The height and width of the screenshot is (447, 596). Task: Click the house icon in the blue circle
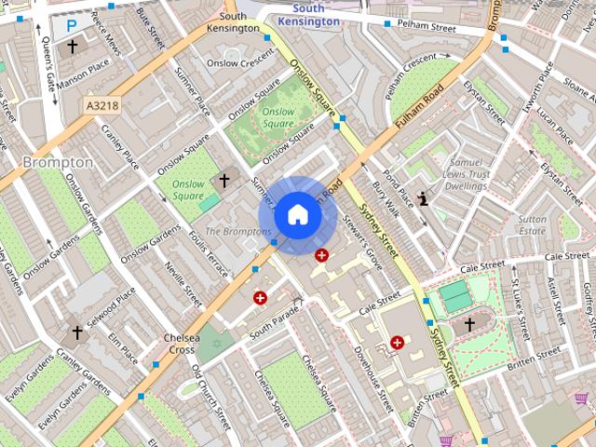click(297, 215)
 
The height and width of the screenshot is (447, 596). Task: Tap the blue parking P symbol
click(71, 27)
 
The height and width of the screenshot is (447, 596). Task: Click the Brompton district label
click(58, 162)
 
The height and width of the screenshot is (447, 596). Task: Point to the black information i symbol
click(424, 198)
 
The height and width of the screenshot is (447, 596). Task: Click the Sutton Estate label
click(532, 224)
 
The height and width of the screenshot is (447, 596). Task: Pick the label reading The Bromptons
click(237, 231)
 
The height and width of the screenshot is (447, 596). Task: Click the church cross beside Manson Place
click(72, 46)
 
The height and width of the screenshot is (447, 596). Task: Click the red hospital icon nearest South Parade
click(260, 297)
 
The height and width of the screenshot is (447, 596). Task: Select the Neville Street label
click(183, 283)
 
